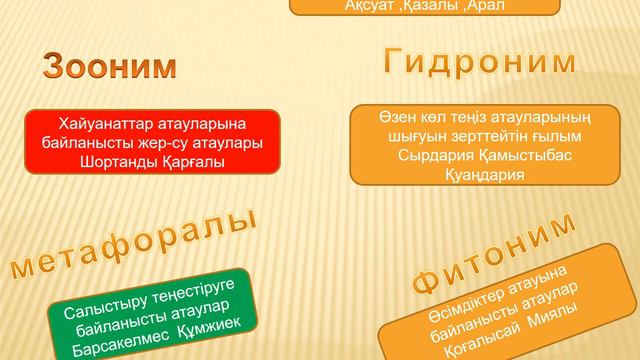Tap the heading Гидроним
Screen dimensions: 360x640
[480, 61]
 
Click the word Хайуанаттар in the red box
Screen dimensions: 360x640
[106, 124]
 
